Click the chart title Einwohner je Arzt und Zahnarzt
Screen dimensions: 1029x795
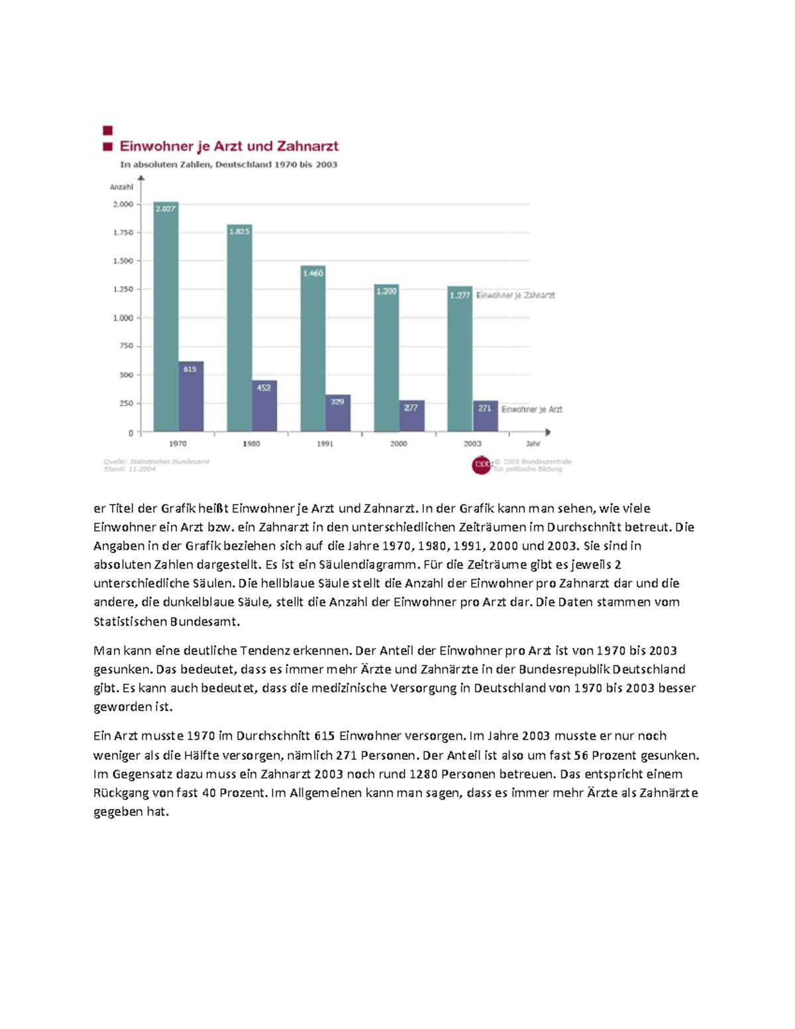(229, 146)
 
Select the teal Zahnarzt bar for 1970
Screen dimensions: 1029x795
(166, 318)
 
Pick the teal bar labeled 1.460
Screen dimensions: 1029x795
(313, 351)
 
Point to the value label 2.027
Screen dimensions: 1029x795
(166, 208)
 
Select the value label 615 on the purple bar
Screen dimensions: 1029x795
(190, 369)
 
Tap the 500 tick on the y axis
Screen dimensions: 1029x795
(126, 375)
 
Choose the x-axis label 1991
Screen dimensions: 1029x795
(325, 444)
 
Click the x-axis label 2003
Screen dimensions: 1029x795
(472, 444)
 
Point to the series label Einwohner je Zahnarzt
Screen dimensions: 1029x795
(515, 296)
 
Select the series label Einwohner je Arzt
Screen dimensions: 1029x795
(531, 409)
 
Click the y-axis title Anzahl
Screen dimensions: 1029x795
(121, 187)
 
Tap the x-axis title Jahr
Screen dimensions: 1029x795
(533, 444)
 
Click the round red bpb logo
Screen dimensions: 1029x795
(481, 465)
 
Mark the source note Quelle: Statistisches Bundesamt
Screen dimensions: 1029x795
(156, 462)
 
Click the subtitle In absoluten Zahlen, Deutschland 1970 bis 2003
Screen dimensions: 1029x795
(229, 165)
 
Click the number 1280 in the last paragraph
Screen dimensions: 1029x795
(423, 774)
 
